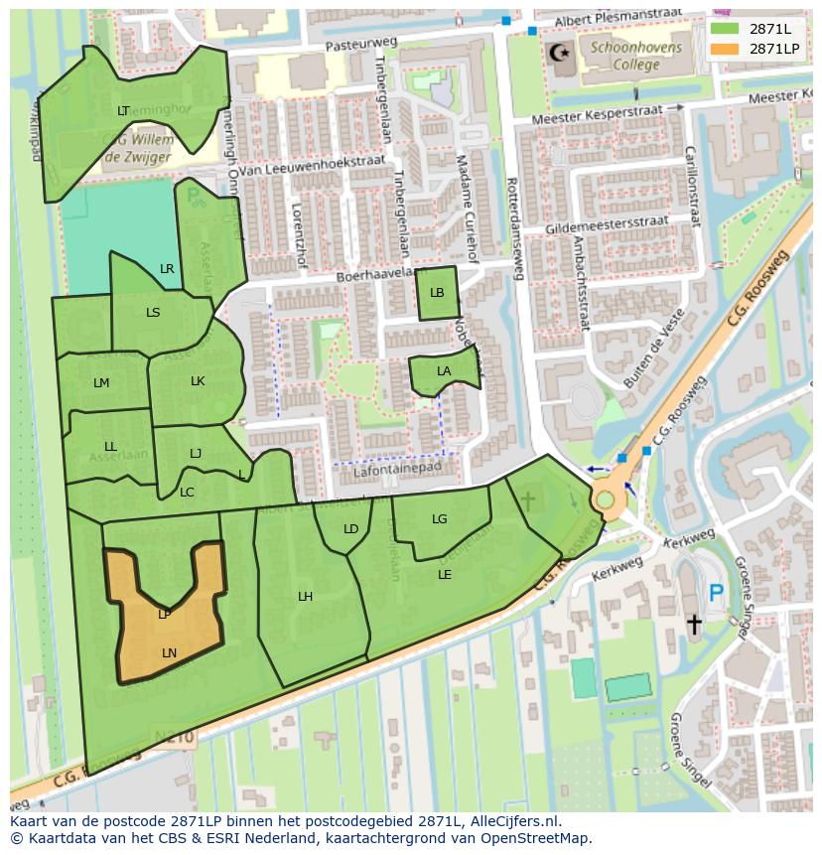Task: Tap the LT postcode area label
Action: pos(123,111)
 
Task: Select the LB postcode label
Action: pos(437,293)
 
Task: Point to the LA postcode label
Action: pos(444,371)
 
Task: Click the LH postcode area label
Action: pos(306,597)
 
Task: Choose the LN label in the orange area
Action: pos(169,652)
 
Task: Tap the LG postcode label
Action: pos(440,519)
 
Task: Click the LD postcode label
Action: pos(350,529)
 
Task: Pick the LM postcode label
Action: pos(101,383)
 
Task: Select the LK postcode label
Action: pos(198,381)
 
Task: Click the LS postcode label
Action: pos(153,313)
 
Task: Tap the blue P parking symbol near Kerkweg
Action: pos(716,594)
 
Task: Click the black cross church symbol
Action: pos(694,624)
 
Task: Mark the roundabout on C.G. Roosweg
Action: pos(606,499)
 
